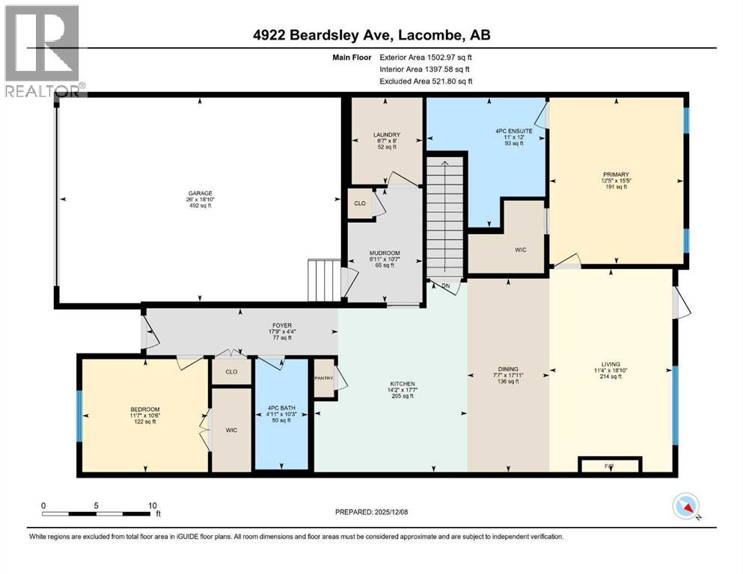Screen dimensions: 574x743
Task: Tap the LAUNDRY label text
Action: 388,135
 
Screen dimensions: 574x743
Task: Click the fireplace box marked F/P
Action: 609,466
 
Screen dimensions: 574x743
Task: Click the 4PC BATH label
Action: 281,408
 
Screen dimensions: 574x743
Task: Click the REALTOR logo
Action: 43,51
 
